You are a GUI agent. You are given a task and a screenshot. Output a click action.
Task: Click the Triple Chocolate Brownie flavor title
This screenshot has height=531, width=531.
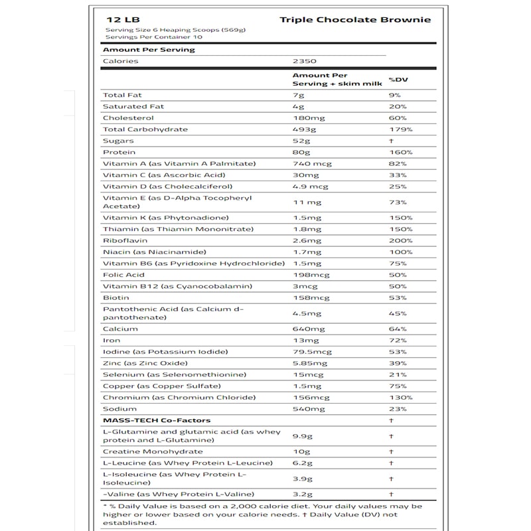[x=355, y=19]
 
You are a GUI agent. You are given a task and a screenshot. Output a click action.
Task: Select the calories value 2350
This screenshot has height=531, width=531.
[x=303, y=61]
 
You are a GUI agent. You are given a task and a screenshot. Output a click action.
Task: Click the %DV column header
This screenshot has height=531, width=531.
[x=398, y=80]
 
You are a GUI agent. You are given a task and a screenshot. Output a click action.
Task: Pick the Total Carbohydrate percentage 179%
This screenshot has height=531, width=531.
[x=401, y=129]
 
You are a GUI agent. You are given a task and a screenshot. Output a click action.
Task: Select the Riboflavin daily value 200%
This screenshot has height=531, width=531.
[x=401, y=240]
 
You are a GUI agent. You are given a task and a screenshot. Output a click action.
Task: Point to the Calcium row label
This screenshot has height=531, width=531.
[x=120, y=329]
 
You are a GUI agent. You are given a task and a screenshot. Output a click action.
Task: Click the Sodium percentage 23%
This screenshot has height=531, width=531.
[x=399, y=409]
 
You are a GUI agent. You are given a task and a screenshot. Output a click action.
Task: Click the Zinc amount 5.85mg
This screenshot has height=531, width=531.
[x=309, y=363]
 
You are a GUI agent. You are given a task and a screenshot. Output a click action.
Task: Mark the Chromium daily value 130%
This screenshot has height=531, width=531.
[x=401, y=398]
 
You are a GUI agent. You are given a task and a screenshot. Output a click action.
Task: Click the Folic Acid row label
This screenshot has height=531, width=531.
[x=124, y=275]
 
